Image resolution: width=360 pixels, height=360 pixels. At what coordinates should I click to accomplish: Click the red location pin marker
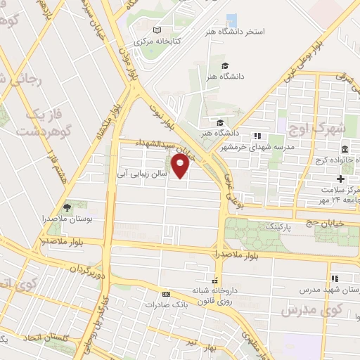pyautogui.click(x=181, y=167)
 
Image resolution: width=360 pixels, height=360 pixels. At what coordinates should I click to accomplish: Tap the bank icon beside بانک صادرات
pyautogui.click(x=166, y=294)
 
